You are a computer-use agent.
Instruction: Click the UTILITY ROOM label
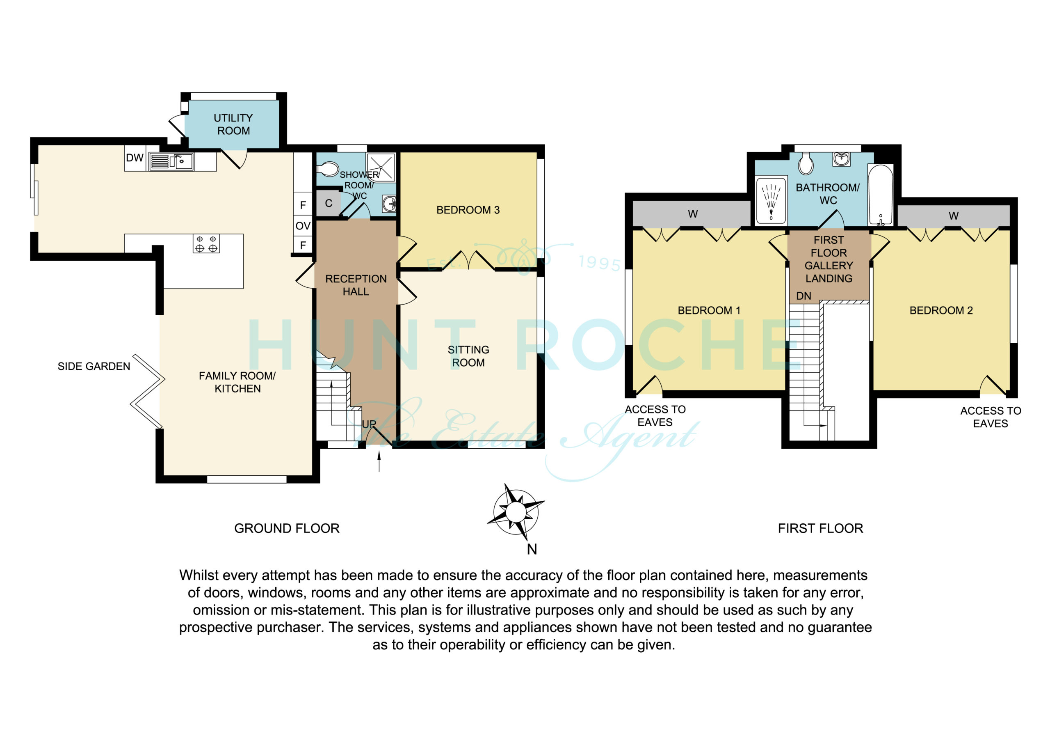[x=233, y=124]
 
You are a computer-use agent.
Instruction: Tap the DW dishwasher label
[x=135, y=158]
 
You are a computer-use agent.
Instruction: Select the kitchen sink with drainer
[x=171, y=162]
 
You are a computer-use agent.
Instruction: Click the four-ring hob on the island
[x=206, y=243]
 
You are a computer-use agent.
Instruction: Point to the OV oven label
[x=303, y=226]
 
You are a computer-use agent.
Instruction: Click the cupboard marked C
[x=329, y=203]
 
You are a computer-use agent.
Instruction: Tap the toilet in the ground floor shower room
[x=327, y=170]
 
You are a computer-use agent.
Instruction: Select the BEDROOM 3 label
[x=468, y=210]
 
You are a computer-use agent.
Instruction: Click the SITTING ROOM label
[x=468, y=356]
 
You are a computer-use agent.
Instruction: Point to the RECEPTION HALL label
[x=356, y=285]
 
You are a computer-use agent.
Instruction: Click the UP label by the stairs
[x=369, y=424]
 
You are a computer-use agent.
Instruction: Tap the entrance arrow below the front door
[x=379, y=461]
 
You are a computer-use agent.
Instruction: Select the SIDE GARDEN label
[x=94, y=366]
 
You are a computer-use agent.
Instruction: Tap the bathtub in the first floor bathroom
[x=880, y=195]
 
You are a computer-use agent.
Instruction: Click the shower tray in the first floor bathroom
[x=772, y=200]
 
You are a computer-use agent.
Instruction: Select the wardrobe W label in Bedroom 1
[x=693, y=214]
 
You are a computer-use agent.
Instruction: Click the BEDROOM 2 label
[x=941, y=310]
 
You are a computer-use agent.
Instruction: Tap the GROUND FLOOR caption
[x=287, y=528]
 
